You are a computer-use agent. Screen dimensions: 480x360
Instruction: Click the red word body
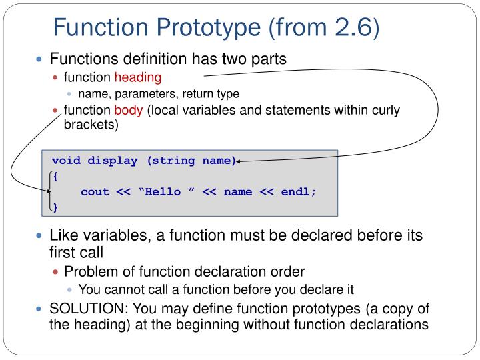click(x=128, y=110)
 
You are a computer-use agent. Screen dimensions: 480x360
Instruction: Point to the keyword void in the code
click(x=67, y=161)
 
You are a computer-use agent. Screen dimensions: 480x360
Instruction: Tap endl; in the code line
click(x=299, y=192)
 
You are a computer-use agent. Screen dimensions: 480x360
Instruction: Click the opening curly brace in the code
click(x=55, y=176)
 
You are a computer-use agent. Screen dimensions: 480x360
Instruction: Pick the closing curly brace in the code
click(x=55, y=207)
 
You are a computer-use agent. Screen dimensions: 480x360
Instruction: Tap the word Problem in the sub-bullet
click(x=88, y=271)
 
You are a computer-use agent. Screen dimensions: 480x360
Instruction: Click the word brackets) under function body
click(x=91, y=124)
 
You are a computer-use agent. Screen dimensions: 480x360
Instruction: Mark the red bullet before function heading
click(x=56, y=77)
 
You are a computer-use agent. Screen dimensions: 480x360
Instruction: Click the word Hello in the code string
click(x=163, y=192)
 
